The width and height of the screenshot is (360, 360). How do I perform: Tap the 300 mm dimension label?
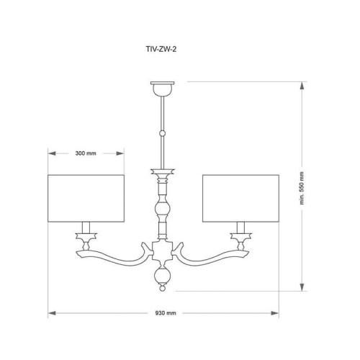point(86,153)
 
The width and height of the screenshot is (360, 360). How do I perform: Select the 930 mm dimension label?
point(165,315)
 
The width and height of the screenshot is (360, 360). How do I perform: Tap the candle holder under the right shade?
point(240,235)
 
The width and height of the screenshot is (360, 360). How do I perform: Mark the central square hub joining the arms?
point(163,252)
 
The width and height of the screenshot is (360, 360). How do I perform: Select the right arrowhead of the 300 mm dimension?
point(122,153)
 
